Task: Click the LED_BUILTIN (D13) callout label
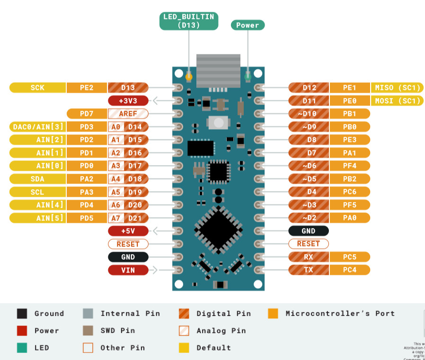(x=189, y=21)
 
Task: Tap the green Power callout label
(x=248, y=25)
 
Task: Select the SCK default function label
(x=37, y=88)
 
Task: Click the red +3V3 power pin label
(x=128, y=101)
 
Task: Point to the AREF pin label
(x=128, y=114)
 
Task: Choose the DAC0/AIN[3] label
(x=37, y=127)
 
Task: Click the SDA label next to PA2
(x=37, y=179)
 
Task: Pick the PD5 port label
(x=87, y=218)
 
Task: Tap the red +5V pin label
(x=128, y=231)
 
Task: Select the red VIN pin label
(x=128, y=270)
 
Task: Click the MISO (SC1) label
(x=398, y=88)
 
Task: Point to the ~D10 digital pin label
(x=309, y=114)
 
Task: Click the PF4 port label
(x=350, y=166)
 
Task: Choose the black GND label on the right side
(x=309, y=231)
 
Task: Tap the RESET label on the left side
(x=128, y=244)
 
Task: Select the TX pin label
(x=309, y=270)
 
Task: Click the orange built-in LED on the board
(x=189, y=76)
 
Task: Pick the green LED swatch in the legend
(x=22, y=348)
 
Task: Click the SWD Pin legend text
(x=117, y=331)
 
